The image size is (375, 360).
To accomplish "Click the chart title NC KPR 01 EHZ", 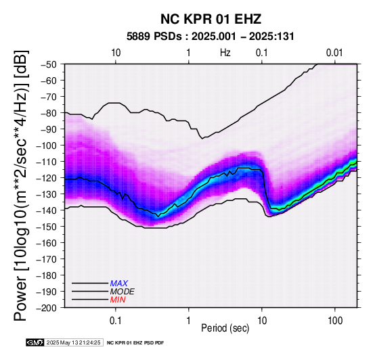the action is [211, 19].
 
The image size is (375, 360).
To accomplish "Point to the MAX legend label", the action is [119, 284].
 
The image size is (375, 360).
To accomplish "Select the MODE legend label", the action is [123, 292].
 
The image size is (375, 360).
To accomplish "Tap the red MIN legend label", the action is [118, 300].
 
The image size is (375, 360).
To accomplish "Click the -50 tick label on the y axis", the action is [49, 64].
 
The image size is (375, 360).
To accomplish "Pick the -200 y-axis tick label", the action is [47, 308].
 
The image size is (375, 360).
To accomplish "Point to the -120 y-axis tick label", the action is [47, 178].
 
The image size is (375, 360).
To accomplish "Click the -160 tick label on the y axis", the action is [47, 243].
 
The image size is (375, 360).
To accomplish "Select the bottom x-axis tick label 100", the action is [335, 321].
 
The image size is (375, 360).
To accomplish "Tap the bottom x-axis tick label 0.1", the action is [116, 321].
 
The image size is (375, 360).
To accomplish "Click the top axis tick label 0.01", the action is [334, 53].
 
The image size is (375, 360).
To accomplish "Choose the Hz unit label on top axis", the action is [225, 53].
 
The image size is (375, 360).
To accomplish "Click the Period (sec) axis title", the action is [225, 328].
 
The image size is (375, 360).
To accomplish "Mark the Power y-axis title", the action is [21, 185].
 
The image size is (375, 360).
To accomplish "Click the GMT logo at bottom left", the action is [35, 342].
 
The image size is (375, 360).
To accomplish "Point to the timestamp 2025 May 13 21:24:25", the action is [73, 342].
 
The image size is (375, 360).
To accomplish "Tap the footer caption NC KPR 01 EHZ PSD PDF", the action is [135, 343].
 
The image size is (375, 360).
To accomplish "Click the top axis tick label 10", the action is [116, 53].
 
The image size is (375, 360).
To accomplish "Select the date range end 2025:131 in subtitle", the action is [271, 37].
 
